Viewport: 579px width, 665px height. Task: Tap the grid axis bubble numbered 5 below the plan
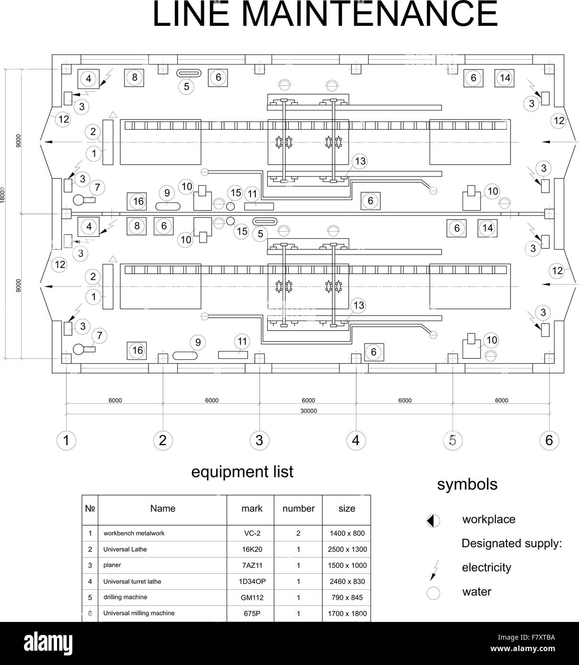tap(453, 441)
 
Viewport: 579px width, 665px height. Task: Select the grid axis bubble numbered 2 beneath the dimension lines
tap(163, 441)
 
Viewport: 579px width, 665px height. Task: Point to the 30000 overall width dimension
tap(308, 411)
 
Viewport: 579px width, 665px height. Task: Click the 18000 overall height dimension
tap(2, 195)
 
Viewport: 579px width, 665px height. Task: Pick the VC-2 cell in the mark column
tap(252, 533)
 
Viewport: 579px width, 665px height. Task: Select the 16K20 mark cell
tap(252, 549)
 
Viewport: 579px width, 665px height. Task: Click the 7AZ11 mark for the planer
tap(252, 565)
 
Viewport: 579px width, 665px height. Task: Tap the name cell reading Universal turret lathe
tap(132, 581)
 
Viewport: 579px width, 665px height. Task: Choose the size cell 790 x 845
tap(347, 598)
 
